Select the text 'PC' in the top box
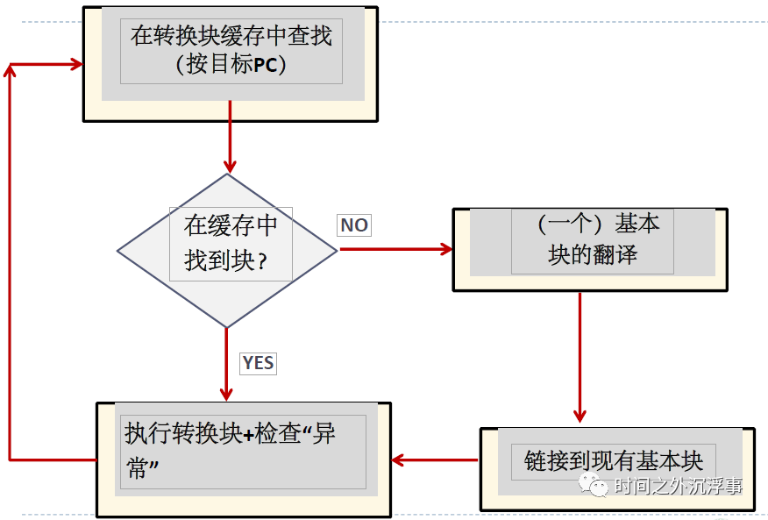[269, 66]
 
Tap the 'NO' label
[354, 225]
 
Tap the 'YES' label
[258, 363]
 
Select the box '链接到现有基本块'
[613, 461]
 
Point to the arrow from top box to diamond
[230, 136]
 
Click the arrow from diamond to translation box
[395, 249]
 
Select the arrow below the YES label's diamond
[227, 364]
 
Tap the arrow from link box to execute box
[435, 459]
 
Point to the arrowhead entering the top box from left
[75, 64]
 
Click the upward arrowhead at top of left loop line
[10, 70]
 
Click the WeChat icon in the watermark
[598, 485]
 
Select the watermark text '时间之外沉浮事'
[678, 485]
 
